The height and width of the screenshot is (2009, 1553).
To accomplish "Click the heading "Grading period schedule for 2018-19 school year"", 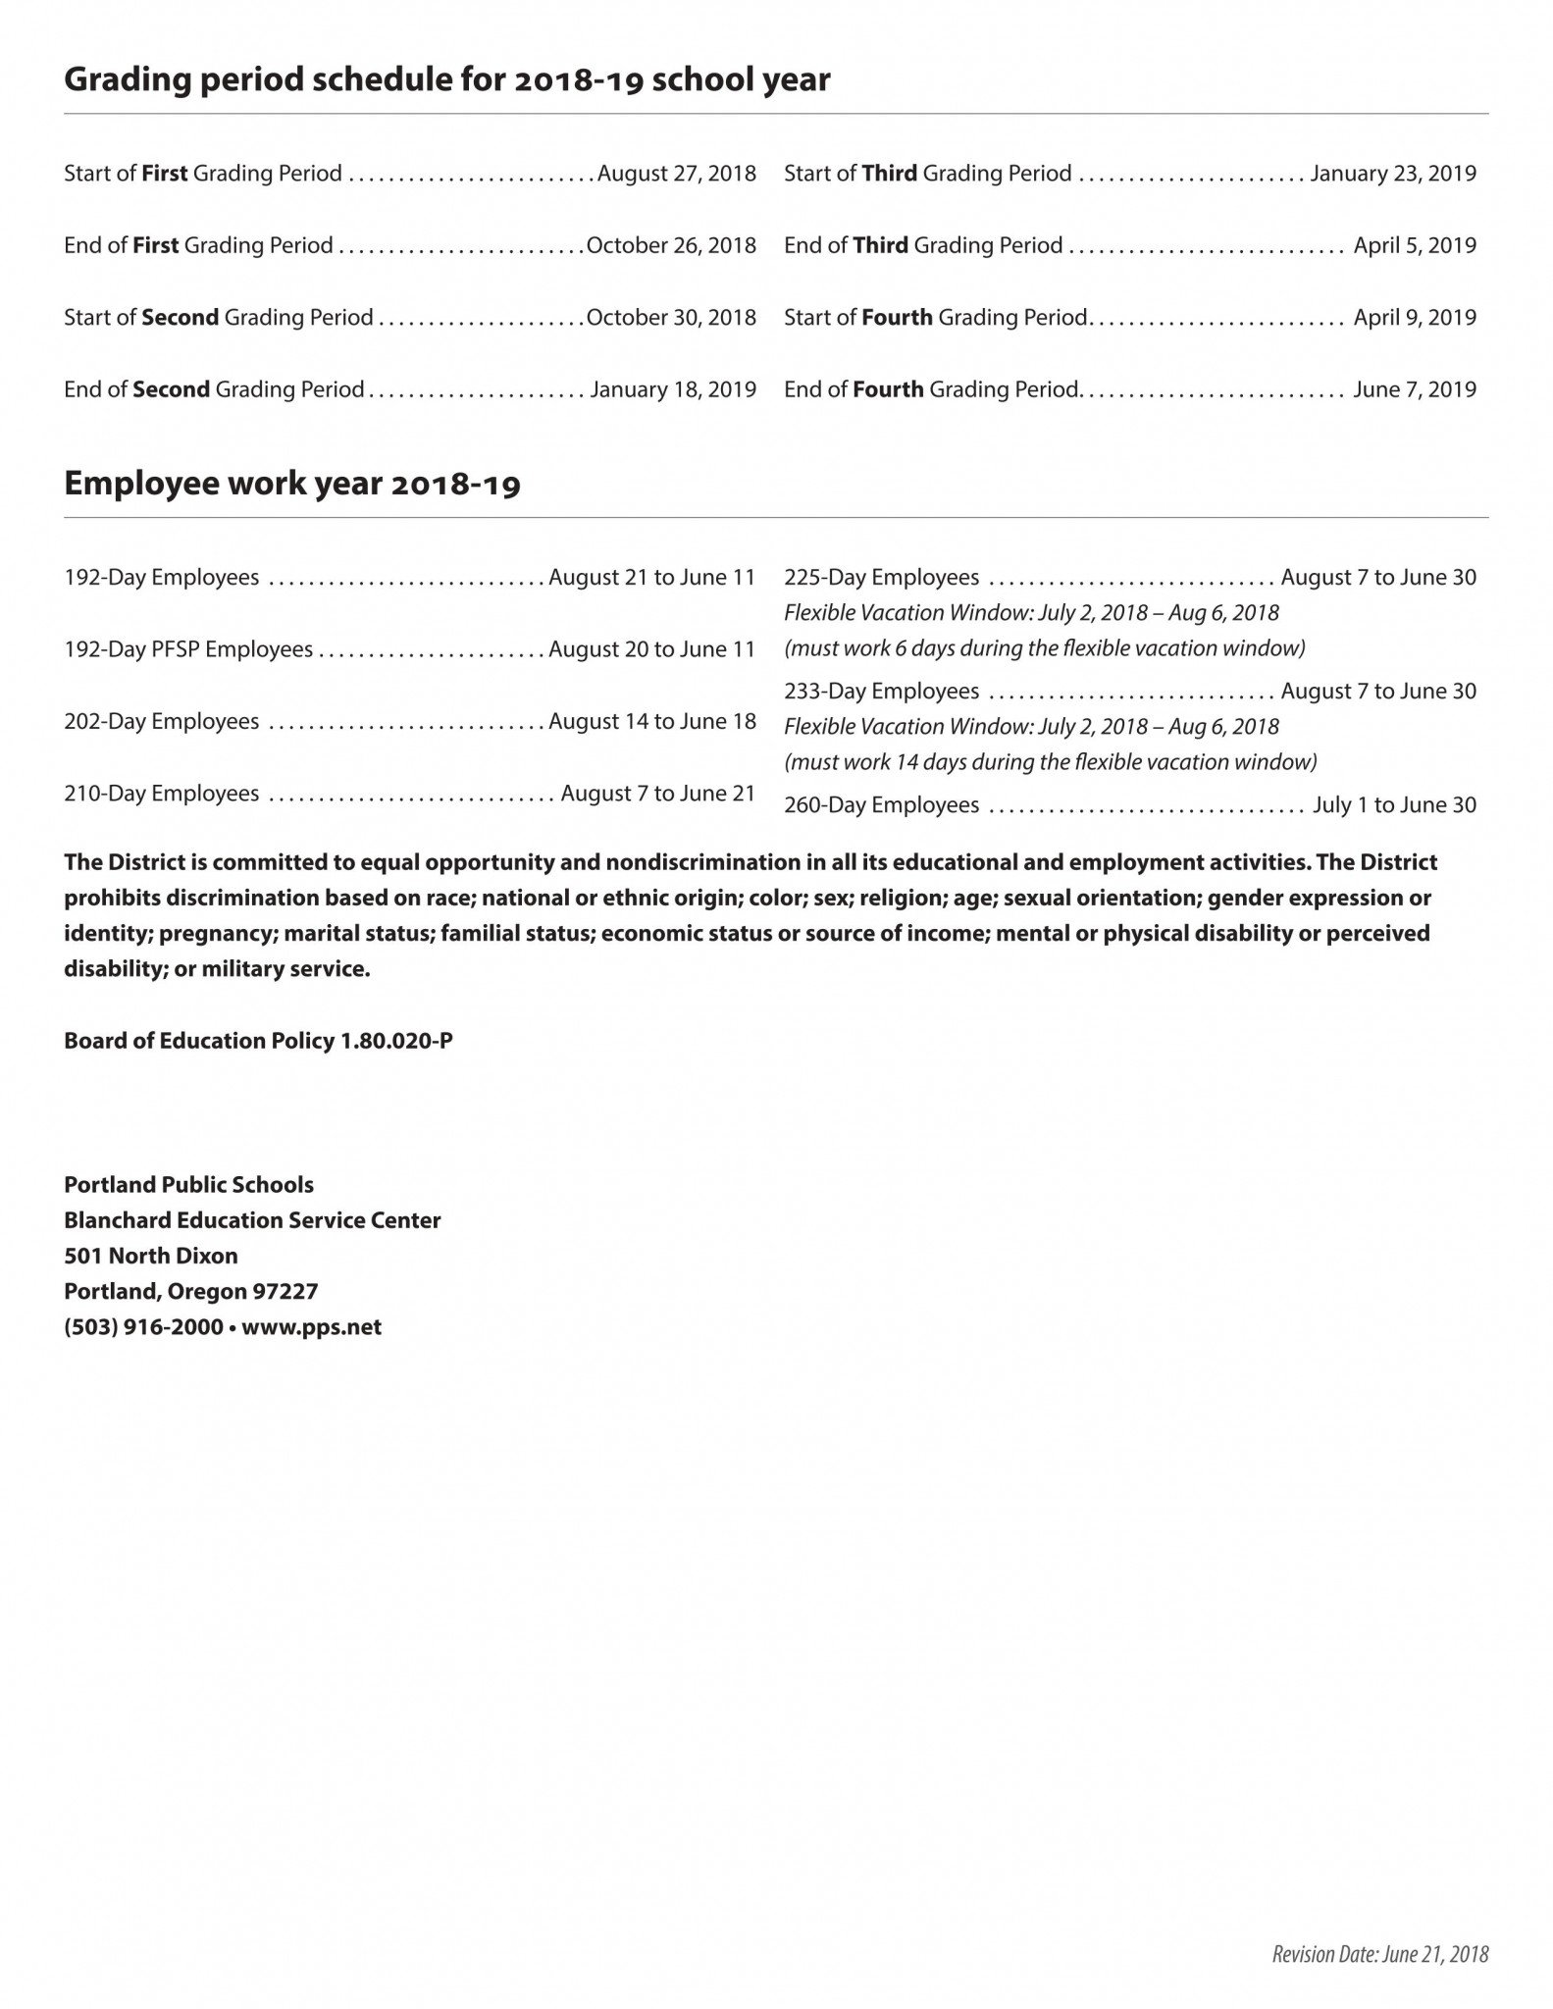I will [446, 80].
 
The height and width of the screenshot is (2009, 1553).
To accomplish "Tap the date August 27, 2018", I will [677, 174].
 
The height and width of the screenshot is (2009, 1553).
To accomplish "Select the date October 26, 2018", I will [671, 245].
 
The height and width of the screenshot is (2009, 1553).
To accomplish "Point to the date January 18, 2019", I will [673, 389].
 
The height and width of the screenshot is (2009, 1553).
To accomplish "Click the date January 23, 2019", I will [1393, 174].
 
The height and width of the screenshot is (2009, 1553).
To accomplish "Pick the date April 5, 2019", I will [1415, 245].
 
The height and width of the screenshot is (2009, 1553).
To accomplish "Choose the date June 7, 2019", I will [1415, 389].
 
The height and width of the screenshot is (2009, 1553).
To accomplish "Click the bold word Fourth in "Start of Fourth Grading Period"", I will [897, 318].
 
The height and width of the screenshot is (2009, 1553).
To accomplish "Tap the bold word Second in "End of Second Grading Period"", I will [171, 389].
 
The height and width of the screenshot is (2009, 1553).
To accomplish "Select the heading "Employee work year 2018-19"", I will [291, 485].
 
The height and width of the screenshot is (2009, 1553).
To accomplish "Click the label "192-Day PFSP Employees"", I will [188, 649].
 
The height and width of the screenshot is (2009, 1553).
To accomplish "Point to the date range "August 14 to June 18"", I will [652, 722].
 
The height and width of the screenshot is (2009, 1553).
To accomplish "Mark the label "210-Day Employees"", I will [162, 794].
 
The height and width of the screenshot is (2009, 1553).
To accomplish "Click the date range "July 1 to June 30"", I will [1394, 805].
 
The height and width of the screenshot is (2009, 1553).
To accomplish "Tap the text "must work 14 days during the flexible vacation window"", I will [1051, 762].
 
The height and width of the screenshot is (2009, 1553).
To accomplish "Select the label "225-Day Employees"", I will [881, 578].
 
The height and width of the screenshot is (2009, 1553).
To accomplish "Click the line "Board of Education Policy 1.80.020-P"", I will [258, 1041].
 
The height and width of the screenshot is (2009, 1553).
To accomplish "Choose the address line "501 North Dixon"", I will [151, 1256].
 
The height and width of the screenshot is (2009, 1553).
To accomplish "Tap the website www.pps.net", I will [311, 1327].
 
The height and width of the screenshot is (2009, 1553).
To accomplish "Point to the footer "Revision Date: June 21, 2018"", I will [1379, 1954].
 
